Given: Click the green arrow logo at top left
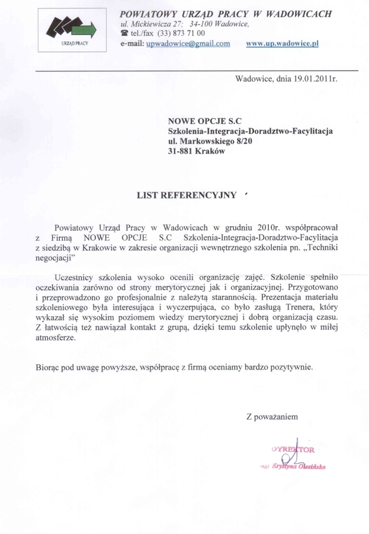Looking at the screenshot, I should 69,27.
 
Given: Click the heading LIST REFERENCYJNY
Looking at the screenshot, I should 187,195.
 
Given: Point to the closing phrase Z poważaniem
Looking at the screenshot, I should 272,417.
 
